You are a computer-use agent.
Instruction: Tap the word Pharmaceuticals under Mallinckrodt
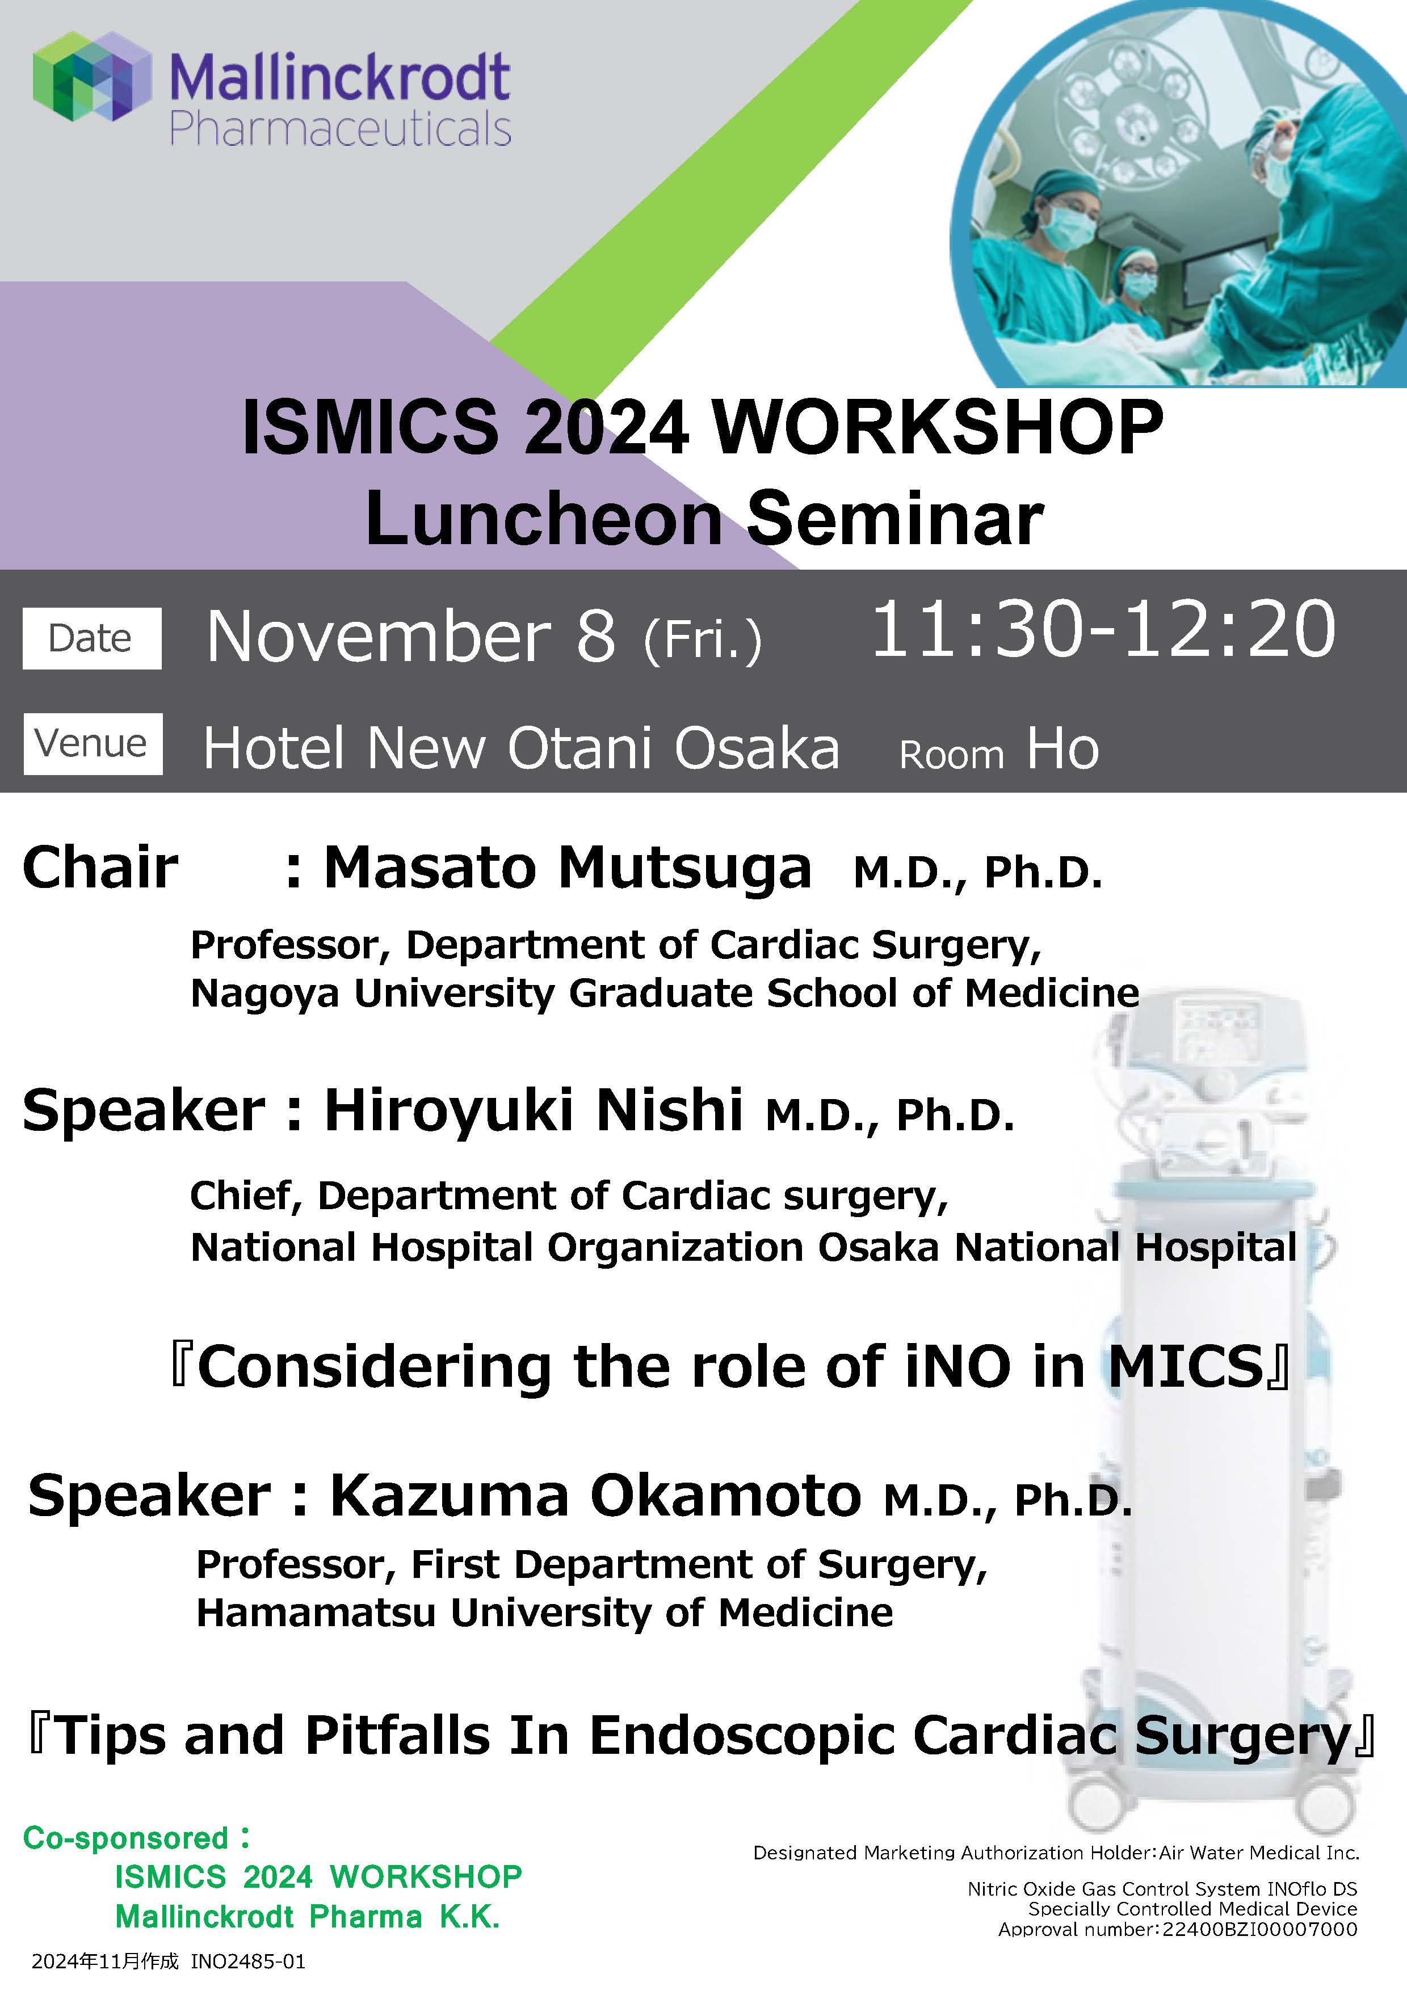340,129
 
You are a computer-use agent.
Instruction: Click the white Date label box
91,638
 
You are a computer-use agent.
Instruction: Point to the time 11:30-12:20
1103,629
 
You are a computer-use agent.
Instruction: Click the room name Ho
1062,748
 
